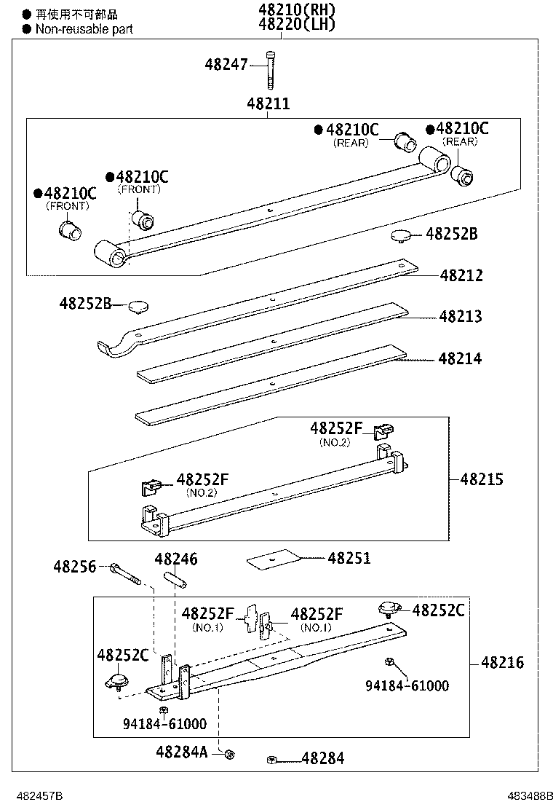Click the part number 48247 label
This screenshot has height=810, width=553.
coord(226,64)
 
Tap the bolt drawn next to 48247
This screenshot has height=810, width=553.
coord(271,69)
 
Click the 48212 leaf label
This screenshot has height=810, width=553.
coord(461,276)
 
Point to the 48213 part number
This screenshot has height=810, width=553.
coord(460,317)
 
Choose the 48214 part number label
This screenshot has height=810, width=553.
coord(460,359)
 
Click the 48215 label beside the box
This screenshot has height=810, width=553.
coord(482,479)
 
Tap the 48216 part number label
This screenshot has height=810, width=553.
coord(502,663)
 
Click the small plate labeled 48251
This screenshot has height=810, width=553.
coord(274,559)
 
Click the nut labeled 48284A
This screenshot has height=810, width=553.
coord(228,754)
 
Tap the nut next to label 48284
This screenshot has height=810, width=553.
coord(271,760)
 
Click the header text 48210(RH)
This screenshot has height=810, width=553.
coord(295,10)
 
